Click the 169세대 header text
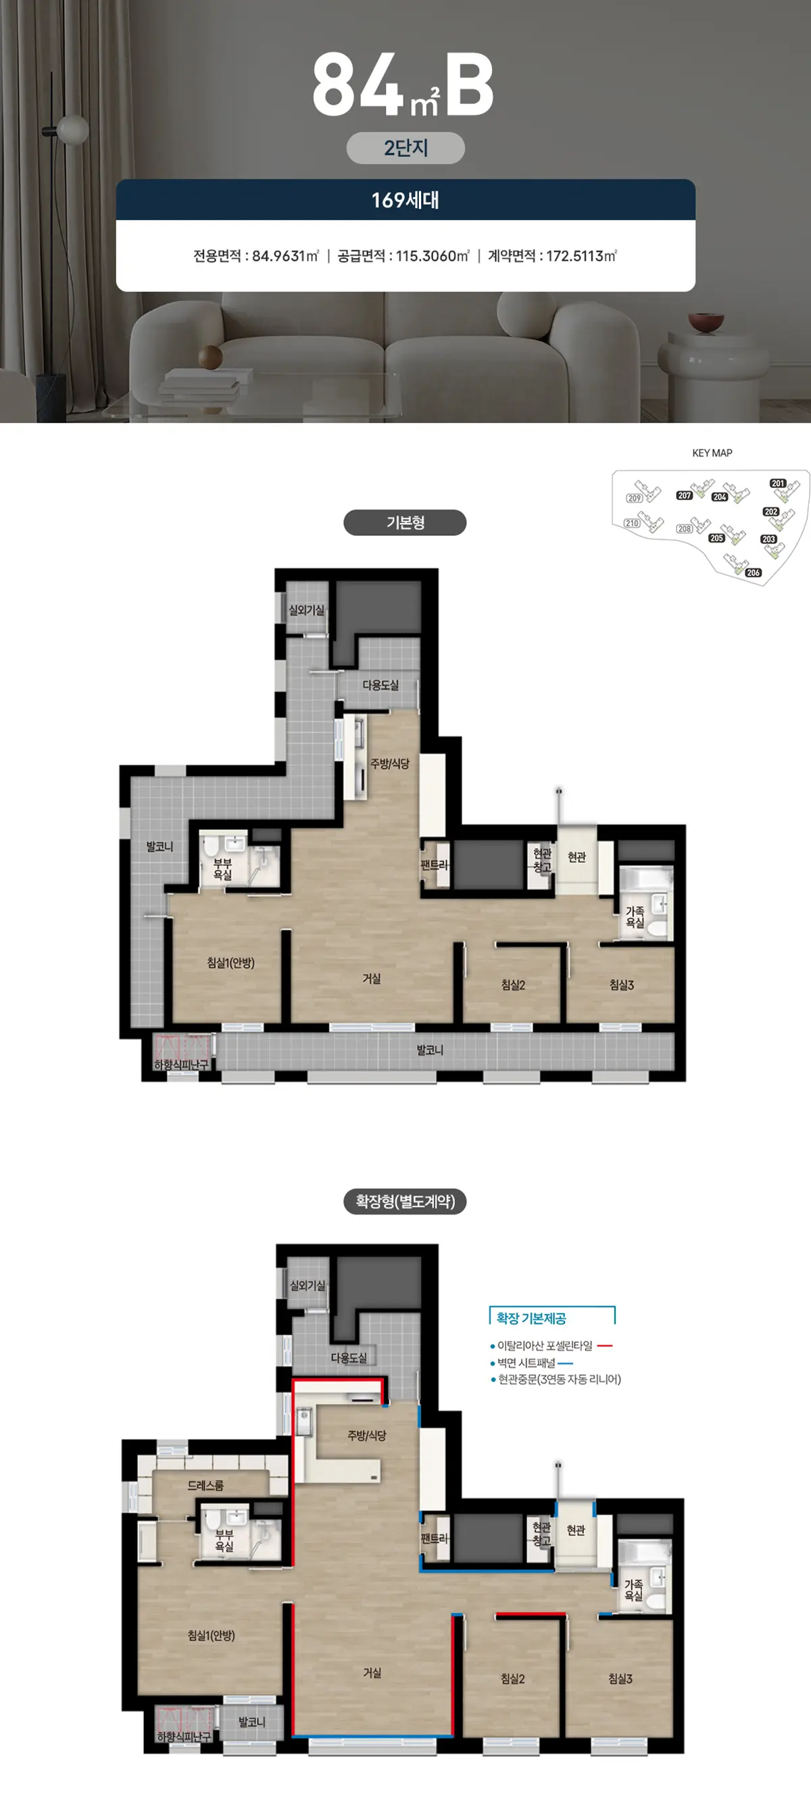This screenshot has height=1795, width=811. coord(405,200)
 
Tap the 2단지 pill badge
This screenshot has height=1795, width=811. coord(405,148)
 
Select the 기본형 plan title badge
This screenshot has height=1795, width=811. coord(405,522)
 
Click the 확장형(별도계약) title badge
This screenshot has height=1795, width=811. coord(405,1202)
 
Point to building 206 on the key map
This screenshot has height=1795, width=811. coord(753,573)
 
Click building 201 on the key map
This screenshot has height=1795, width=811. coord(778,484)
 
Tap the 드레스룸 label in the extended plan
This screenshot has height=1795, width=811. coord(205,1485)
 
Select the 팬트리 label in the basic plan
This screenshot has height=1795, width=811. coord(435,865)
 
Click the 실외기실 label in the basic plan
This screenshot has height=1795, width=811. coord(307,610)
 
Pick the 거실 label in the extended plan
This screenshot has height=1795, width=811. coord(372,1673)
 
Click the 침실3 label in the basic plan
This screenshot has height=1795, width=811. coord(622,985)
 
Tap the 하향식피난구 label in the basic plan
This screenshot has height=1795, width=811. coord(181,1064)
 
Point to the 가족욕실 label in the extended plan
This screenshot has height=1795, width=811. coord(633,1590)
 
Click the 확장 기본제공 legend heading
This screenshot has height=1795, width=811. coord(531,1319)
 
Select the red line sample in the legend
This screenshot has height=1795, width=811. coord(605,1346)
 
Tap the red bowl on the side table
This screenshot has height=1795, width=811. coord(706,322)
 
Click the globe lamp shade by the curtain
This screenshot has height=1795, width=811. coord(72,130)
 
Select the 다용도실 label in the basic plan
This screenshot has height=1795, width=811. coord(380,685)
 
